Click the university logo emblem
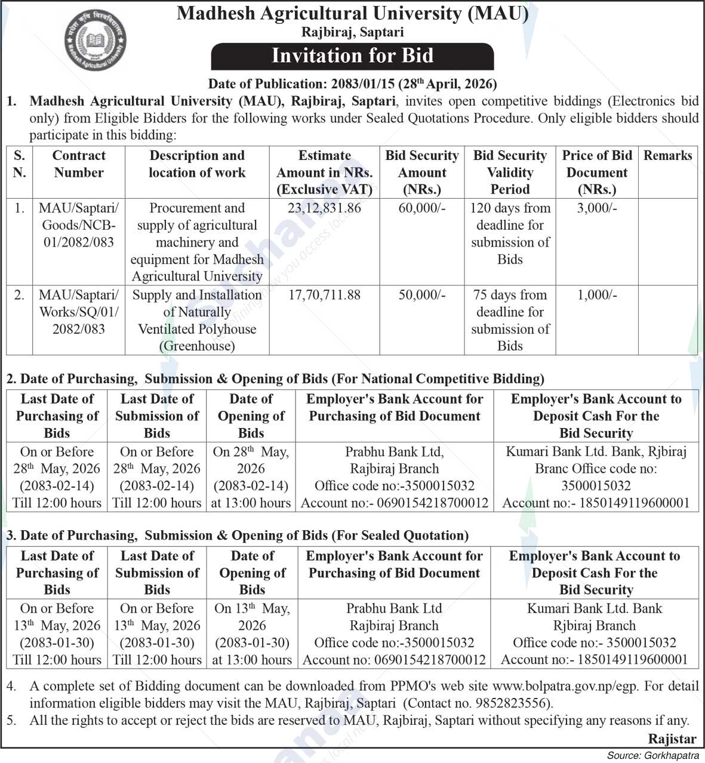[96, 41]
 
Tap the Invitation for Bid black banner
[352, 56]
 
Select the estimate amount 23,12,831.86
[325, 208]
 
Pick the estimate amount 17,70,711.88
[325, 295]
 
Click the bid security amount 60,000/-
[422, 208]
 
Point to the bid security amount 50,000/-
[422, 295]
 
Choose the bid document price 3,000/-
[597, 208]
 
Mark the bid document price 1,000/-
[597, 295]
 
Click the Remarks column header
[667, 156]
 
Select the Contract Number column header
[79, 164]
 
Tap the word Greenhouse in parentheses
[197, 346]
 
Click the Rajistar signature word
[672, 739]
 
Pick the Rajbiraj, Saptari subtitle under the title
[352, 32]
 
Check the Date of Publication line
[352, 84]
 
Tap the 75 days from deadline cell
[510, 321]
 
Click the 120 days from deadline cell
[510, 233]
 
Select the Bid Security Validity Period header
[510, 173]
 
